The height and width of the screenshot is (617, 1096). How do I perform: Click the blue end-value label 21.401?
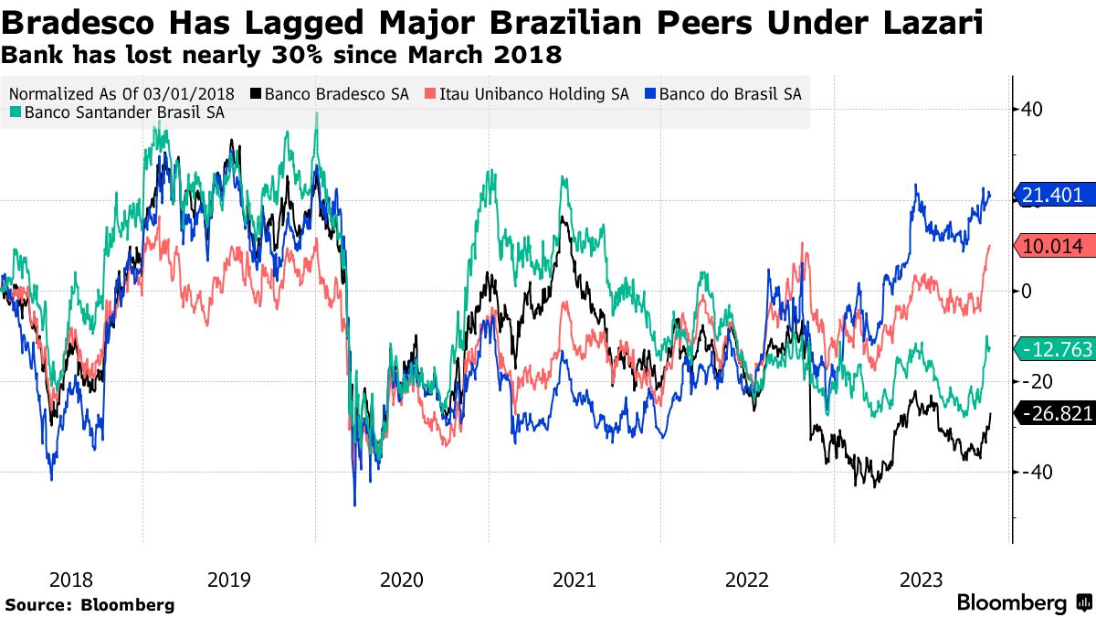(x=1055, y=195)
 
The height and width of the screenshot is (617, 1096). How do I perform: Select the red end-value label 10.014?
(x=1055, y=246)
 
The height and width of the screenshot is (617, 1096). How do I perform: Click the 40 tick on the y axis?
(x=1031, y=110)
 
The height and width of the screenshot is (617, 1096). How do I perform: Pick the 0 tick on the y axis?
(x=1027, y=291)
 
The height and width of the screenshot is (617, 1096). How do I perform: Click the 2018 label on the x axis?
(x=71, y=580)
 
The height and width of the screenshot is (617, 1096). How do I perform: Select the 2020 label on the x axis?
(x=401, y=580)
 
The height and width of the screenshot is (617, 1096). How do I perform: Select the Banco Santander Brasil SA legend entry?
(x=118, y=113)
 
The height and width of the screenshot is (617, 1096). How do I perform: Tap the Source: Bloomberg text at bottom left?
(x=90, y=604)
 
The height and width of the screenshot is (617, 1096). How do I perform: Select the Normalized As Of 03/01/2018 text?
(x=121, y=93)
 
